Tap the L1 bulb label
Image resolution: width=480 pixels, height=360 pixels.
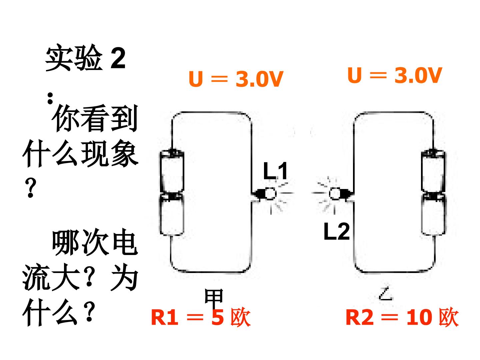[275, 171]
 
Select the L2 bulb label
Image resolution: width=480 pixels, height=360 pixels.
[337, 231]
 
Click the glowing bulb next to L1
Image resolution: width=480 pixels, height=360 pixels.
[271, 194]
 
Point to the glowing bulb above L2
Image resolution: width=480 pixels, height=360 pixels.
[335, 194]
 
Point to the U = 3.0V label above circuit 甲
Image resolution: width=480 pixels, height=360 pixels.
[236, 79]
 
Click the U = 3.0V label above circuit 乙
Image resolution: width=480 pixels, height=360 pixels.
[395, 75]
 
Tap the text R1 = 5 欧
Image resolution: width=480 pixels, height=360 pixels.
[201, 317]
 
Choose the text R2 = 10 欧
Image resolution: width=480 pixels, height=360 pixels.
[402, 317]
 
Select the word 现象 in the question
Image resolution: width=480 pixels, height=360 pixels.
[109, 153]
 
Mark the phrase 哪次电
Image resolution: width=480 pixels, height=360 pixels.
[95, 242]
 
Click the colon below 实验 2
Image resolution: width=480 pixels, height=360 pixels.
[50, 98]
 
